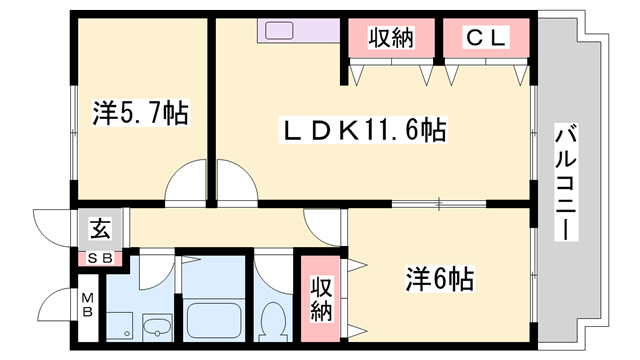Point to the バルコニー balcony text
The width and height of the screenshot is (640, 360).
565,181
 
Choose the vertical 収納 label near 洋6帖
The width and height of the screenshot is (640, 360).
319,297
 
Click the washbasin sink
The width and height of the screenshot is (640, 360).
158,327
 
